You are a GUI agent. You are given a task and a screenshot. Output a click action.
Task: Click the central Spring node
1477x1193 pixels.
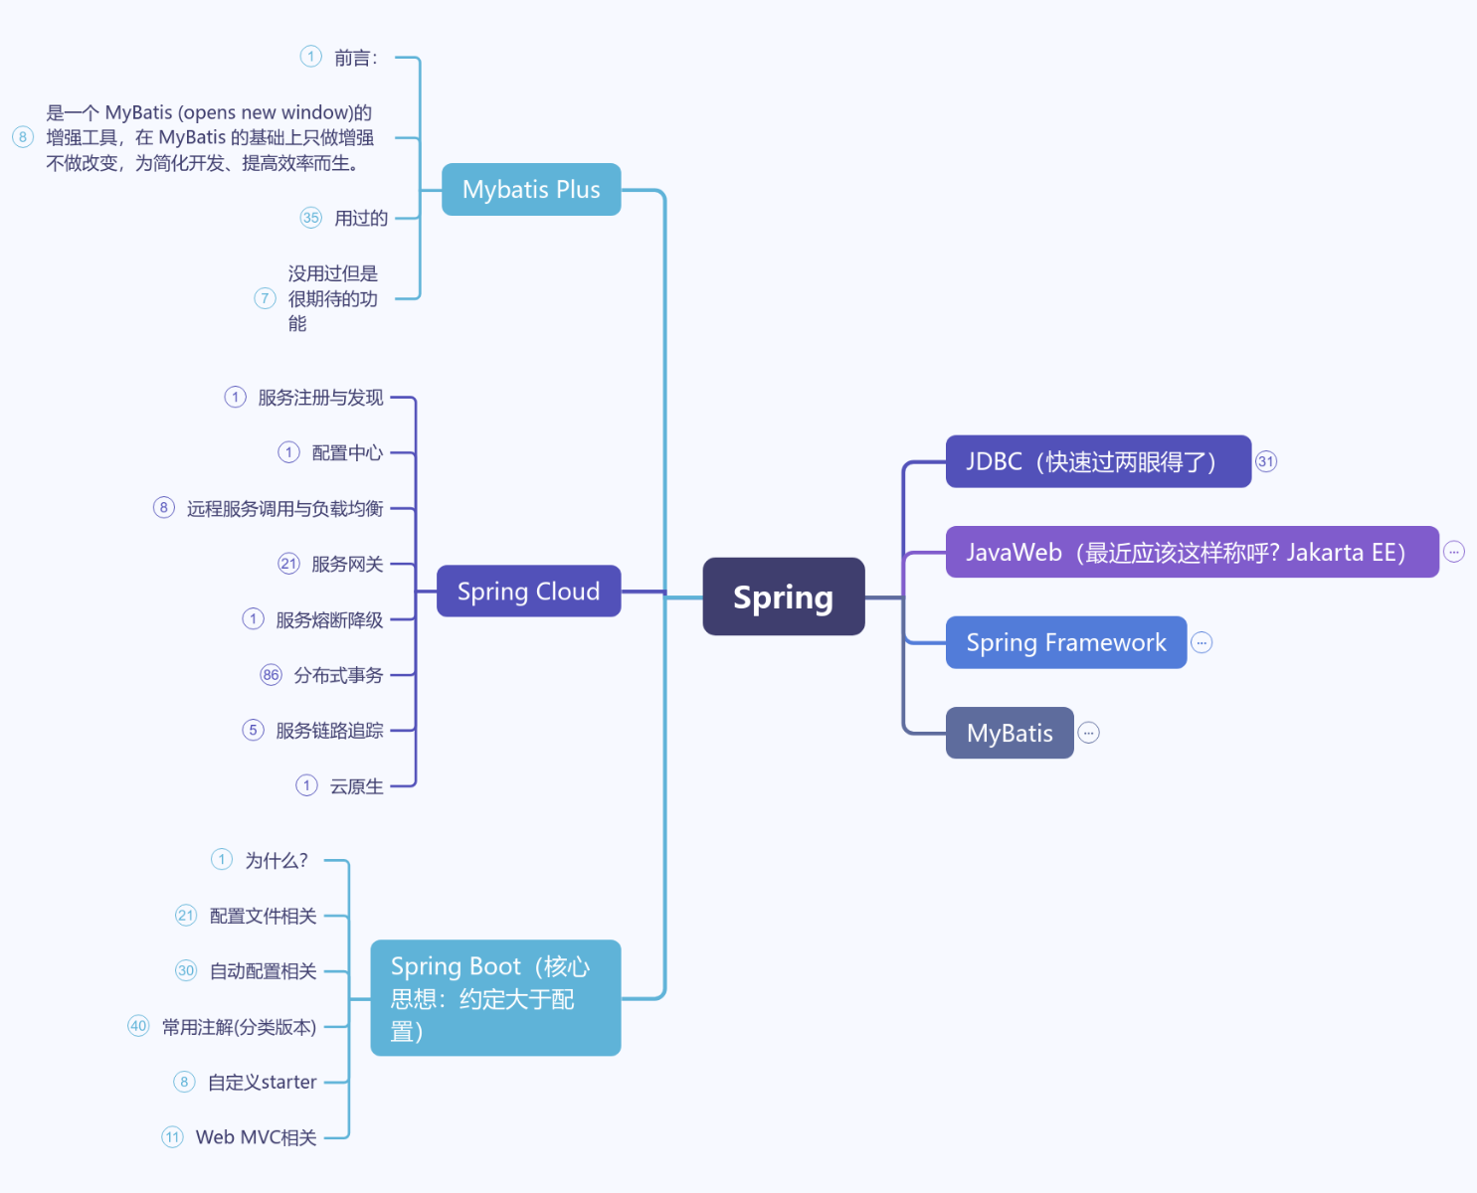pyautogui.click(x=783, y=596)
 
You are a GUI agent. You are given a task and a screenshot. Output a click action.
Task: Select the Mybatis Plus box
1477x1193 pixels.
pyautogui.click(x=531, y=189)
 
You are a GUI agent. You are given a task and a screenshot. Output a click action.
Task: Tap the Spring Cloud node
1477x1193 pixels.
pyautogui.click(x=528, y=592)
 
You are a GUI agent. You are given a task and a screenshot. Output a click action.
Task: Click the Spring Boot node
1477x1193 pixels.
pyautogui.click(x=495, y=997)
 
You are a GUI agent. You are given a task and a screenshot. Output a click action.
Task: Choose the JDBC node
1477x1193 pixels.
pyautogui.click(x=1097, y=461)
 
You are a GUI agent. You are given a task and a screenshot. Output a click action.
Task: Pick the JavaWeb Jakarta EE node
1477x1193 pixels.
pyautogui.click(x=1192, y=552)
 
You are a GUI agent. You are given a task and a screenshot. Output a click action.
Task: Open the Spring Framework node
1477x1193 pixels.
pyautogui.click(x=1065, y=642)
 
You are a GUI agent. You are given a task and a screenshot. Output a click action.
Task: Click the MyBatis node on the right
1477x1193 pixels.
pyautogui.click(x=1009, y=733)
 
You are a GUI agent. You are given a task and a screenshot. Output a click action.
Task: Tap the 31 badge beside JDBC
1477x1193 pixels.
pyautogui.click(x=1265, y=461)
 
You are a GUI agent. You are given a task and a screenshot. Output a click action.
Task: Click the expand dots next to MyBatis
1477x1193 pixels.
pyautogui.click(x=1089, y=733)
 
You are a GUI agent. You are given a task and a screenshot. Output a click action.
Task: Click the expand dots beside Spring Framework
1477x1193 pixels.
pyautogui.click(x=1201, y=642)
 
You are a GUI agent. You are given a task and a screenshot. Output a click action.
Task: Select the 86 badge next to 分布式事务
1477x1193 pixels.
pyautogui.click(x=271, y=675)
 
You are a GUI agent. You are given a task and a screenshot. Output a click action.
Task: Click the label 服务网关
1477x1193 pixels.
pyautogui.click(x=347, y=564)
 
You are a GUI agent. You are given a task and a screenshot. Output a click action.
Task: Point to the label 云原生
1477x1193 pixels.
pyautogui.click(x=356, y=786)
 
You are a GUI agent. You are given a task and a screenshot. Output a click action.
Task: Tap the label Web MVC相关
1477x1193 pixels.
pyautogui.click(x=256, y=1137)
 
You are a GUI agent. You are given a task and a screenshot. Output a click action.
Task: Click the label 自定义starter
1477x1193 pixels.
pyautogui.click(x=262, y=1082)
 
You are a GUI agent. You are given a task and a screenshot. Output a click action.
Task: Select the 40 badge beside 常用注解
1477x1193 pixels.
pyautogui.click(x=138, y=1026)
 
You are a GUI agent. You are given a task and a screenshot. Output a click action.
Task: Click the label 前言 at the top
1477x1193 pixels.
pyautogui.click(x=355, y=58)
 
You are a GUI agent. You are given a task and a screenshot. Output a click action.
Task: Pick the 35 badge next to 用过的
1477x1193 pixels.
pyautogui.click(x=311, y=218)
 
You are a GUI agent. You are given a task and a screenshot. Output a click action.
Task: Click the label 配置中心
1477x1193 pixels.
pyautogui.click(x=347, y=452)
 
